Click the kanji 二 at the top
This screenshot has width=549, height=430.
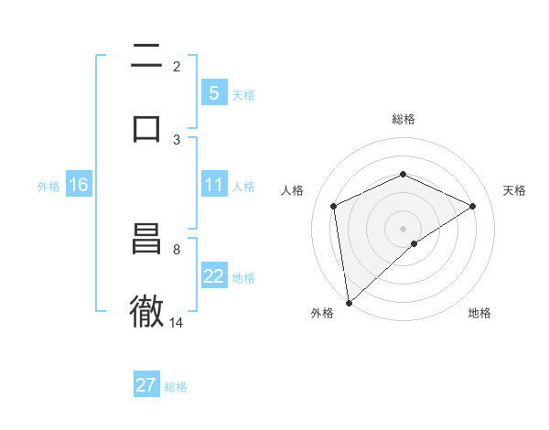(146, 57)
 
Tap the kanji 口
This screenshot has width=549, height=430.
(146, 127)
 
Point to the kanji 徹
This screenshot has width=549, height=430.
(146, 311)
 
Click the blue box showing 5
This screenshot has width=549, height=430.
(213, 93)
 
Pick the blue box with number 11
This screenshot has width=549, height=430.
(213, 186)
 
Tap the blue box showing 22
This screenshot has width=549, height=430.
(213, 277)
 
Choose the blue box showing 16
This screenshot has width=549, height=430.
(79, 186)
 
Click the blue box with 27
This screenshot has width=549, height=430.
(146, 385)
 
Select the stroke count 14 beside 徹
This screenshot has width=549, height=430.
(177, 323)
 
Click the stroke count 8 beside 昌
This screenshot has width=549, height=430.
(177, 249)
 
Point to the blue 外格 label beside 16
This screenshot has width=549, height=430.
(48, 187)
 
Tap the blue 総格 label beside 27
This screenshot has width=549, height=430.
(176, 387)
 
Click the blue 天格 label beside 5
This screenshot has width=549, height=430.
(243, 95)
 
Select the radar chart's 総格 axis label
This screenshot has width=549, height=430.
(404, 119)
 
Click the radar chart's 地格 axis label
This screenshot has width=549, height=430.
(479, 313)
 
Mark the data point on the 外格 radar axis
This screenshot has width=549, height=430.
(348, 303)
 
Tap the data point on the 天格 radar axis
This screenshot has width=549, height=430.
(473, 206)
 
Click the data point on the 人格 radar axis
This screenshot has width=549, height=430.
(334, 206)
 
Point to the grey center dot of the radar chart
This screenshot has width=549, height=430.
(404, 228)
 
